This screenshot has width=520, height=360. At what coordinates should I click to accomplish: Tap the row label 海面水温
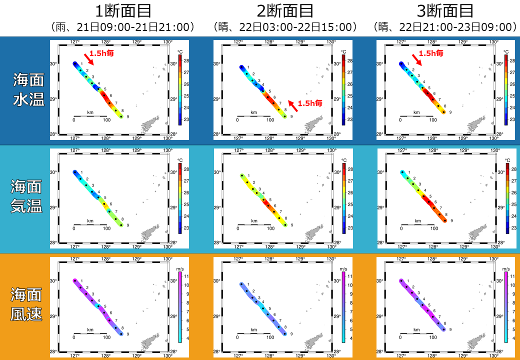point(27,90)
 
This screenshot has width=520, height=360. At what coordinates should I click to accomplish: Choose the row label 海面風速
point(27,305)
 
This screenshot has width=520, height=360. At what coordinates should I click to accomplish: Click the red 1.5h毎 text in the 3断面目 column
point(431,53)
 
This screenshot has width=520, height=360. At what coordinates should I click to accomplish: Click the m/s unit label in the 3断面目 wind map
point(506,268)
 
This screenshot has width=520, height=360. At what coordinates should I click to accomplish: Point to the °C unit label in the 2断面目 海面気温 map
point(343,160)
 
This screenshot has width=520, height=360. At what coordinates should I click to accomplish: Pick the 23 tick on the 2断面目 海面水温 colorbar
point(350,119)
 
